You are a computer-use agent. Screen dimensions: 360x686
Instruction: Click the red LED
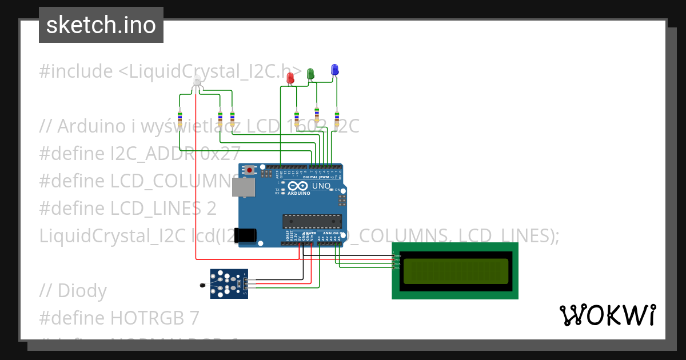pos(290,78)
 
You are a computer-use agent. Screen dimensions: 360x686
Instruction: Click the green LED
pos(310,74)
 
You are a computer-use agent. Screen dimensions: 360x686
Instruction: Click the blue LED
pos(334,70)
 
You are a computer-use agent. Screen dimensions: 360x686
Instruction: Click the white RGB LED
pos(197,81)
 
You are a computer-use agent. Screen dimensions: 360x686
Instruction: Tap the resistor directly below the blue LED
pos(337,119)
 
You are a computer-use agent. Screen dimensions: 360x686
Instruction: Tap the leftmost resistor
pos(180,119)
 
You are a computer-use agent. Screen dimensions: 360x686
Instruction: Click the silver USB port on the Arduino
pos(243,187)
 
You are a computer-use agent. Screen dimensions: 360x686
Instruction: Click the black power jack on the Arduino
pos(247,234)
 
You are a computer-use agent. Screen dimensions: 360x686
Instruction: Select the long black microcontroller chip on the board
pos(312,221)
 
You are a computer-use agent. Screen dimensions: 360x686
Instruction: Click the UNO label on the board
pos(321,186)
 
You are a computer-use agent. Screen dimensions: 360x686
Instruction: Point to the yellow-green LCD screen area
pos(455,271)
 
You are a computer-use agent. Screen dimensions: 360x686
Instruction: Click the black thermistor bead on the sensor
pos(202,286)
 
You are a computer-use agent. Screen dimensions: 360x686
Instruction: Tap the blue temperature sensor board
pos(229,284)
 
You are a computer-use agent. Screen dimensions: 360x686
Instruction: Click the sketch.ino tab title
pos(101,25)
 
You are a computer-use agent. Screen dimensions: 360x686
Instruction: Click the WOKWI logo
pos(607,315)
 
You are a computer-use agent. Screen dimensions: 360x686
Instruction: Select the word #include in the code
pos(76,71)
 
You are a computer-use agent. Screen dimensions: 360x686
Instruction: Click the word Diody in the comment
pos(82,291)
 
